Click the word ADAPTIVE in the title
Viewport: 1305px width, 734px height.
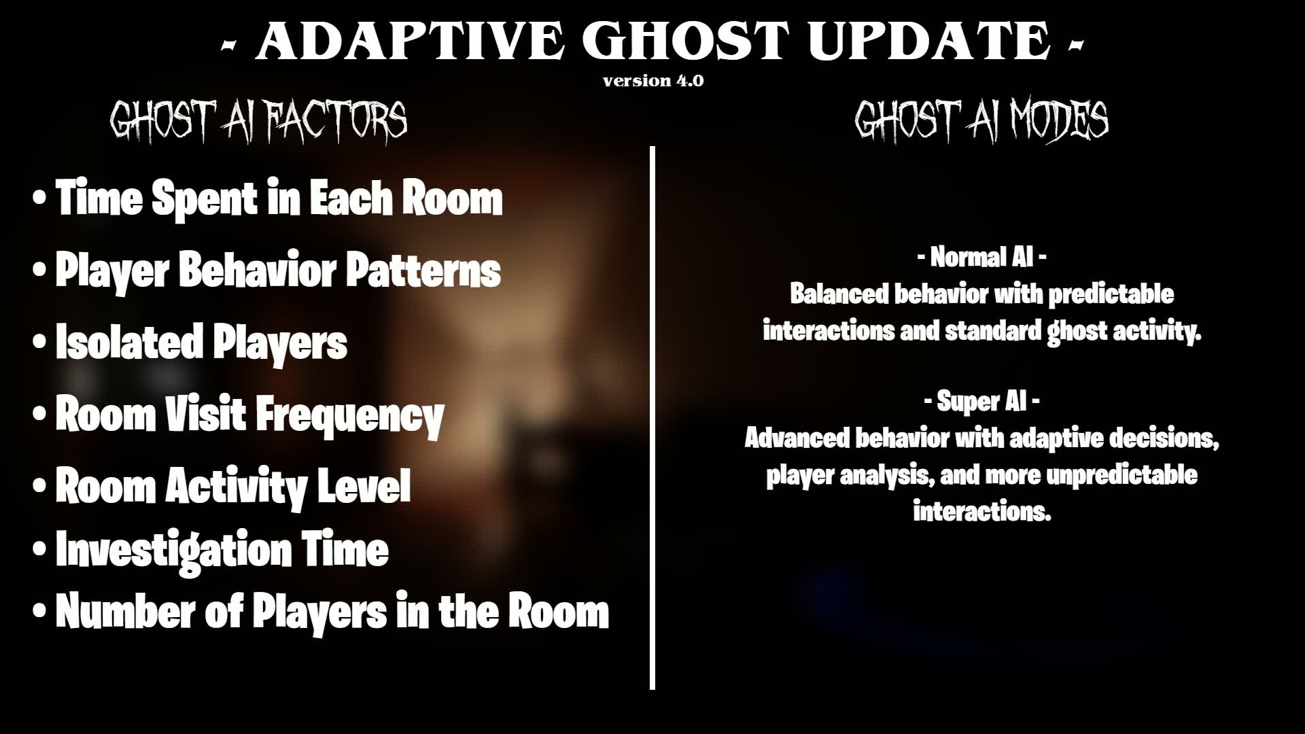pos(410,41)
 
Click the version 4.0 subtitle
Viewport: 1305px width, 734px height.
pos(653,81)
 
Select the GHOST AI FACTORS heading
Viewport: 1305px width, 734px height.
pos(259,120)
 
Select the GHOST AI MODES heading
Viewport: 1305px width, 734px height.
pos(981,120)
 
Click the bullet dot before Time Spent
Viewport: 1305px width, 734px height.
pos(40,198)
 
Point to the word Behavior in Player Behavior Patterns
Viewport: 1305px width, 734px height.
pos(258,270)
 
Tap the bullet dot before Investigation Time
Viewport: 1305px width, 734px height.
pos(40,549)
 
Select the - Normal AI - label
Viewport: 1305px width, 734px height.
pos(981,258)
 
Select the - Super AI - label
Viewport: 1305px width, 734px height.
pos(981,402)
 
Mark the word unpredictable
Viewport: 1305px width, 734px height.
pos(1121,475)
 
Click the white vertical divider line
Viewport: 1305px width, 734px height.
pos(652,418)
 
